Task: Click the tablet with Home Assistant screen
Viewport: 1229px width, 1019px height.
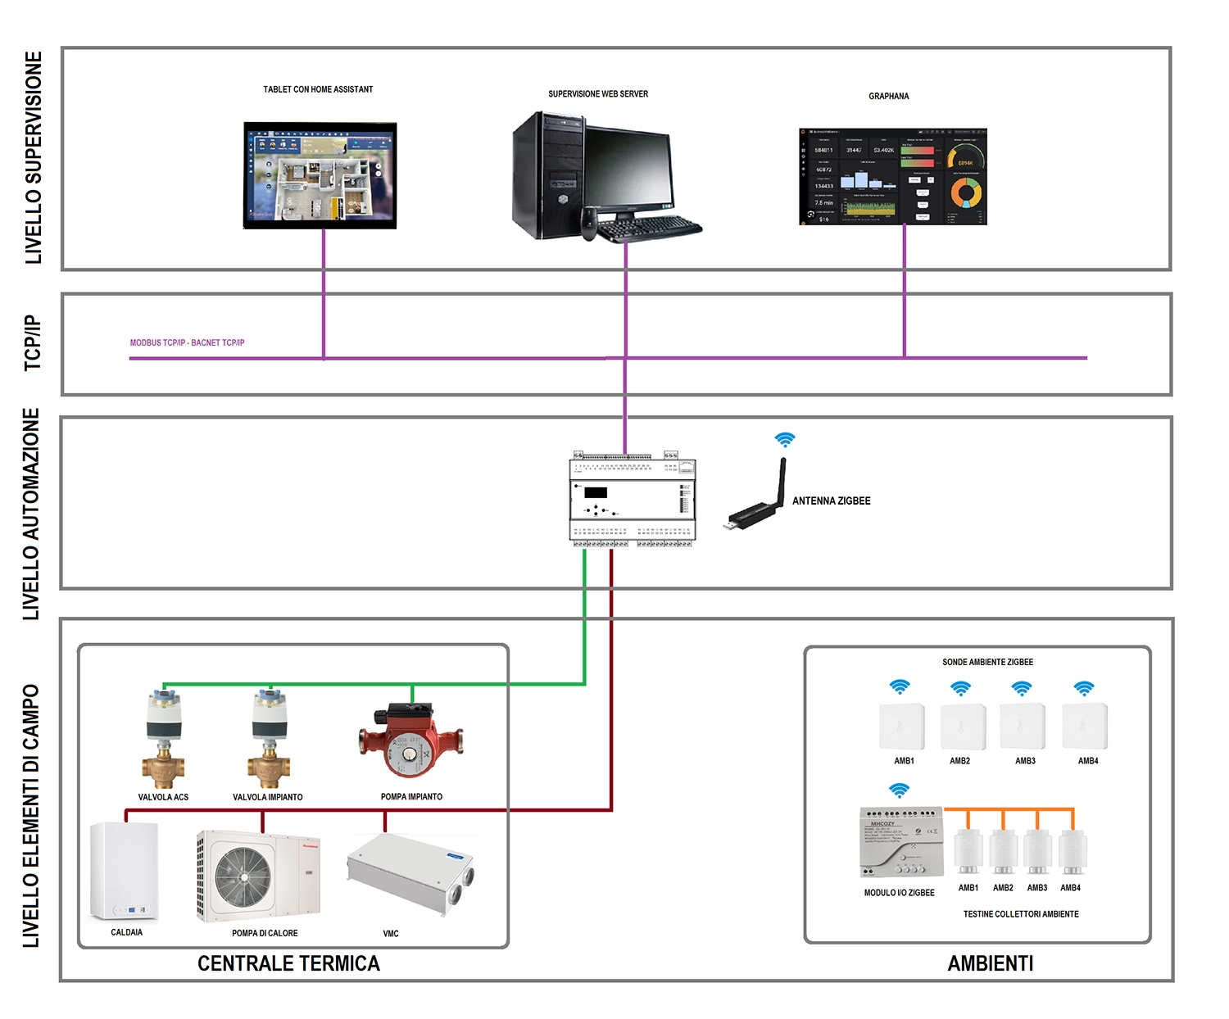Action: point(320,175)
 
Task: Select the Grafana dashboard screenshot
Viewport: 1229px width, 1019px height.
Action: point(893,176)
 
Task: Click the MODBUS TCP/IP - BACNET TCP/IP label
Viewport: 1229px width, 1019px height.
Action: point(187,342)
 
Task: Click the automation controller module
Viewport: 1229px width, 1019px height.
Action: point(633,499)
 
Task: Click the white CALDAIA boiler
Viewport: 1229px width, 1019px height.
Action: point(124,872)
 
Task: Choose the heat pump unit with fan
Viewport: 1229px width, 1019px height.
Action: point(258,875)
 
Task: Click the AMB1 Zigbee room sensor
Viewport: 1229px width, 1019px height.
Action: point(902,726)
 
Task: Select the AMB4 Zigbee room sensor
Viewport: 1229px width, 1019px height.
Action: point(1085,726)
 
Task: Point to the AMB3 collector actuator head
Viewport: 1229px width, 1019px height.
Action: point(1037,852)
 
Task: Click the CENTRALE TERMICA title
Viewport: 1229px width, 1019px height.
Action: point(288,963)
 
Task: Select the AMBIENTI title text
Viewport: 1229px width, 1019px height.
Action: point(990,963)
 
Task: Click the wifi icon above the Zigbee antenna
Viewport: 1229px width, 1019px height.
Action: point(785,440)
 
